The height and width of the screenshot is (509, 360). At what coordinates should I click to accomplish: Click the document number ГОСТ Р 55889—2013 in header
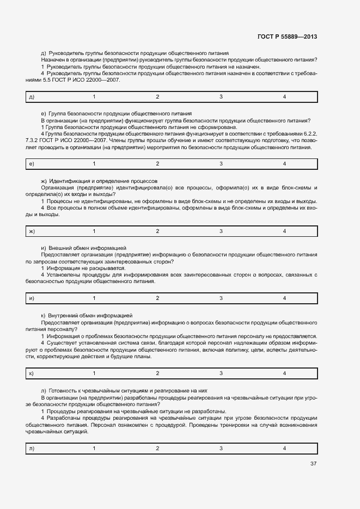point(286,36)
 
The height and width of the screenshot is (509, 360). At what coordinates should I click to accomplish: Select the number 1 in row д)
point(94,97)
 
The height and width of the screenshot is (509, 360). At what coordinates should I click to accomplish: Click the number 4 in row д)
point(284,97)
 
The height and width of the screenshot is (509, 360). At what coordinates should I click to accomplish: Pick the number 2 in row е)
point(157,164)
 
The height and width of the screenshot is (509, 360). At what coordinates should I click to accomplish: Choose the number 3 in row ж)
point(221,231)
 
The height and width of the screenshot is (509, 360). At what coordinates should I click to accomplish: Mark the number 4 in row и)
point(284,298)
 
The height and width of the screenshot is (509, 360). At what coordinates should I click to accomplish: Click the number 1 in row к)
point(94,373)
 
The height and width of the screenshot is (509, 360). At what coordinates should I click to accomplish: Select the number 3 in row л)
point(221,448)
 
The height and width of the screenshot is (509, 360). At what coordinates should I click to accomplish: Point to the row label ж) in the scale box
point(32,231)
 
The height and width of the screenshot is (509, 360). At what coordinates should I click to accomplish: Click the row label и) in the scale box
point(32,298)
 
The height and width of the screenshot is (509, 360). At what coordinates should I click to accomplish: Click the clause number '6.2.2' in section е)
point(309,134)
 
